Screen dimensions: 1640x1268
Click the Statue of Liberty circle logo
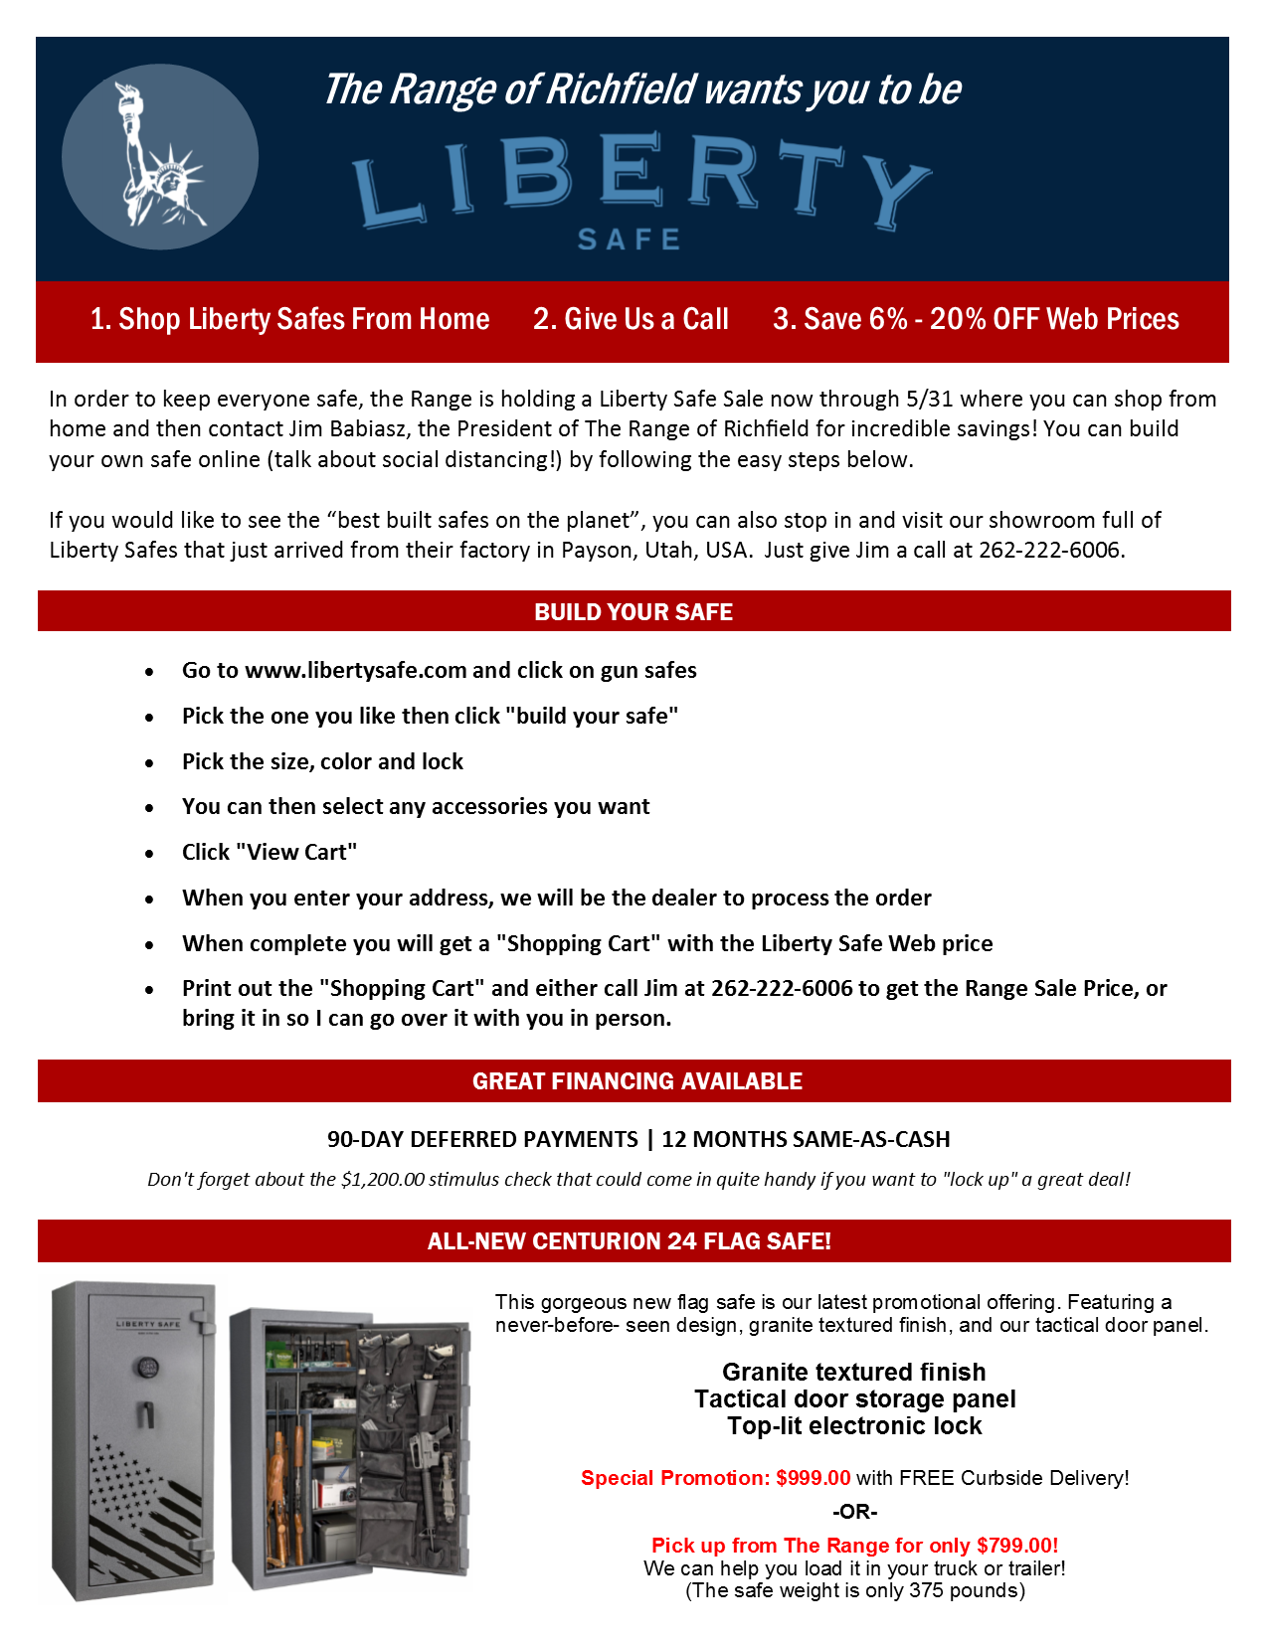160,157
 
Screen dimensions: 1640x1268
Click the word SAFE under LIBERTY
630,240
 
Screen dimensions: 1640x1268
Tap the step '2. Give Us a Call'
631,319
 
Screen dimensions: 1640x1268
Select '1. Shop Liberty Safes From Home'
289,319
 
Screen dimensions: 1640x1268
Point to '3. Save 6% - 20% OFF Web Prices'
976,319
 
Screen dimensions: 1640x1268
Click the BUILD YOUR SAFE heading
634,612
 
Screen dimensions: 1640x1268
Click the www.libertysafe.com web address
355,671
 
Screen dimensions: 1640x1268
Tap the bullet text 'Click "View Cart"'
270,853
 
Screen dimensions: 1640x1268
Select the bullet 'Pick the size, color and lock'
322,762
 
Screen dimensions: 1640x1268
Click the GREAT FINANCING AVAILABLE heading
636,1081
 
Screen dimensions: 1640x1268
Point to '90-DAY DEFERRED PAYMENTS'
482,1140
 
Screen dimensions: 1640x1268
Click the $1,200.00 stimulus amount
382,1180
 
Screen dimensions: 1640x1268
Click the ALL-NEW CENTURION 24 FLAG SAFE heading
629,1241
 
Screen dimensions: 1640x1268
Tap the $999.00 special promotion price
814,1478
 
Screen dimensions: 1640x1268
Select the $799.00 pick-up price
1016,1546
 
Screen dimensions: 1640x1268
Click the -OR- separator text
854,1512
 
